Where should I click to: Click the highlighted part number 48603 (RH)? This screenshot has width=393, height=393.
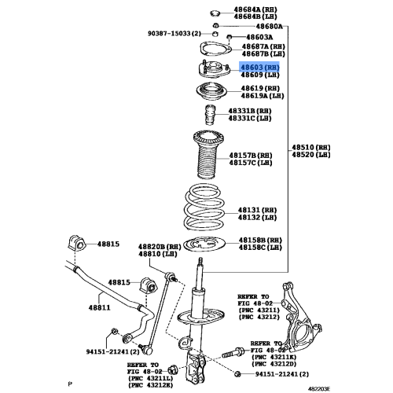(x=259, y=68)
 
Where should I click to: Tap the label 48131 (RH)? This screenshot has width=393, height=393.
(x=257, y=210)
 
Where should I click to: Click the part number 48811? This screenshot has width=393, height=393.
(x=100, y=307)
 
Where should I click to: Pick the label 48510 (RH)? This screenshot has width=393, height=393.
(x=311, y=147)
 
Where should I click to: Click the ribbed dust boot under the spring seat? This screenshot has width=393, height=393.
(x=208, y=155)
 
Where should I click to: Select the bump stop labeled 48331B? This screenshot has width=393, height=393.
(x=210, y=115)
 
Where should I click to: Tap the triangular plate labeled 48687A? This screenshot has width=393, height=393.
(x=215, y=49)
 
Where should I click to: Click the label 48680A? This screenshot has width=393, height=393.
(x=269, y=26)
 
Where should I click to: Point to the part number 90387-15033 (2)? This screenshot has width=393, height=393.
(x=174, y=34)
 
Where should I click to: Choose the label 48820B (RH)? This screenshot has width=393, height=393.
(x=160, y=247)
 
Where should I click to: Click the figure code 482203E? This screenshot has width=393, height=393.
(x=319, y=388)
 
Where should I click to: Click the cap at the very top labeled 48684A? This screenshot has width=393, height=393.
(x=215, y=13)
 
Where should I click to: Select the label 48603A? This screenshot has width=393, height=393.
(x=259, y=37)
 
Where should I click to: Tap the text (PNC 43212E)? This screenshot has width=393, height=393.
(x=151, y=385)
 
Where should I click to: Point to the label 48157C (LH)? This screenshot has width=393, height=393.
(x=251, y=163)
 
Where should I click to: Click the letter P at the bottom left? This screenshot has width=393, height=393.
(x=70, y=384)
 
